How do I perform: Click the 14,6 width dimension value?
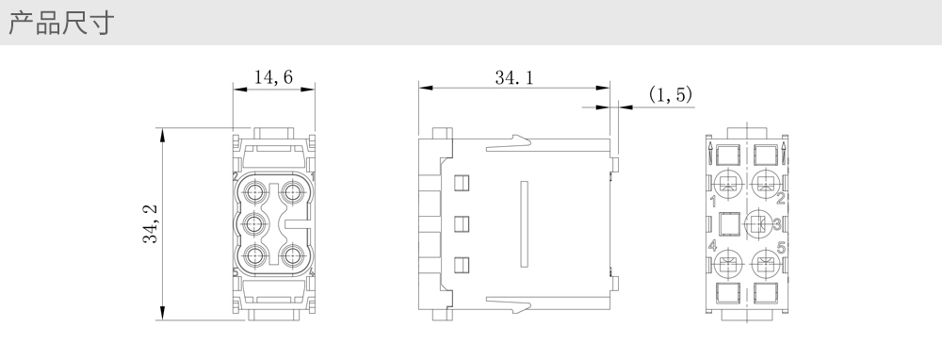click(273, 77)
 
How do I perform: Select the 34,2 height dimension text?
click(150, 224)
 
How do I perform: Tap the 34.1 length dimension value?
click(514, 77)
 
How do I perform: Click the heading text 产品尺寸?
click(60, 23)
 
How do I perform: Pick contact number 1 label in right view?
click(712, 201)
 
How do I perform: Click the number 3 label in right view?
click(777, 224)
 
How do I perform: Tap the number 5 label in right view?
click(782, 247)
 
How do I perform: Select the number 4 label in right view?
click(712, 246)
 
